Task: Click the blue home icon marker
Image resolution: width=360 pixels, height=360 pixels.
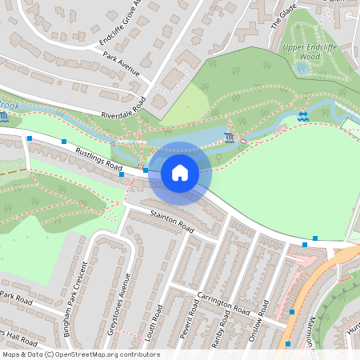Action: pyautogui.click(x=180, y=173)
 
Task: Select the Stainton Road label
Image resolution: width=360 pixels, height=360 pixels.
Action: pyautogui.click(x=173, y=222)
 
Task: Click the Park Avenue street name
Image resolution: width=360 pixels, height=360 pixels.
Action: pyautogui.click(x=122, y=64)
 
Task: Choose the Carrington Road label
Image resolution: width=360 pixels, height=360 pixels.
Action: pyautogui.click(x=226, y=300)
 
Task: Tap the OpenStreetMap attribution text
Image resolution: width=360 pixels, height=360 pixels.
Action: pyautogui.click(x=81, y=354)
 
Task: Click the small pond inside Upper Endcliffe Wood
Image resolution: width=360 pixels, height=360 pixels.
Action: pyautogui.click(x=302, y=69)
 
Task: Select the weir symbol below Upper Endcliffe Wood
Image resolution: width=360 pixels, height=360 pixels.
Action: pyautogui.click(x=302, y=117)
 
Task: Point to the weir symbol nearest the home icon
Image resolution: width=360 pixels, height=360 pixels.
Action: pyautogui.click(x=230, y=137)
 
